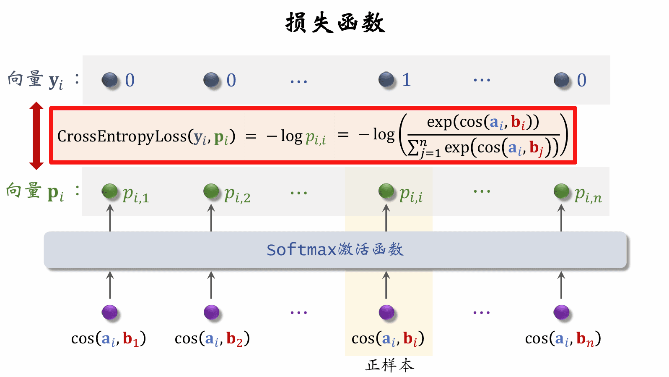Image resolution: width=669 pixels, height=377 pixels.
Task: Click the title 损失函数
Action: point(335,23)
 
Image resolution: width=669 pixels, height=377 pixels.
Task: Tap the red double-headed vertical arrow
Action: point(36,136)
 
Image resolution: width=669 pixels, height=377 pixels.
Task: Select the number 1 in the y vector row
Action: point(406,80)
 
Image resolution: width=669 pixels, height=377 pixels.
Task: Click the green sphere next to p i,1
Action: point(110,191)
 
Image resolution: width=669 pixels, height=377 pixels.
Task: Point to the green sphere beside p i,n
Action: point(561,191)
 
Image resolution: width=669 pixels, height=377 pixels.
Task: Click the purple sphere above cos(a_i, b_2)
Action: point(211,312)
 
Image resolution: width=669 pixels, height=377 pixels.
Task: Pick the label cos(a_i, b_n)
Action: point(563,338)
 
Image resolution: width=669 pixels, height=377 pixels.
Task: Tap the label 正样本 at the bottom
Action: point(389,365)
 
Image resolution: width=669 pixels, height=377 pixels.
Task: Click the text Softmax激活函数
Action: point(335,249)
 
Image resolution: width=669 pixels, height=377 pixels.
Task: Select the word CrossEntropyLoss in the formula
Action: point(122,136)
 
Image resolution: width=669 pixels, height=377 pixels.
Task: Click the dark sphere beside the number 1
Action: point(386,79)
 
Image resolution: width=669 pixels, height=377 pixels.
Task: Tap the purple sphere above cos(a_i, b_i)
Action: point(386,312)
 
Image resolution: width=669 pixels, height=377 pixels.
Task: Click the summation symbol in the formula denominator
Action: point(414,148)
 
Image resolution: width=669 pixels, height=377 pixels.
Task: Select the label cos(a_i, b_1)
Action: point(109,338)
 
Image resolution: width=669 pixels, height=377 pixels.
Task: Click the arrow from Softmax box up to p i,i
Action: point(386,218)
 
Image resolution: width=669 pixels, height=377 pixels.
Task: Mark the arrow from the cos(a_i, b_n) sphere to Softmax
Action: point(561,285)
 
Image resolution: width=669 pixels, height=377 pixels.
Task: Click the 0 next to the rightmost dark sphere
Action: point(581,80)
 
